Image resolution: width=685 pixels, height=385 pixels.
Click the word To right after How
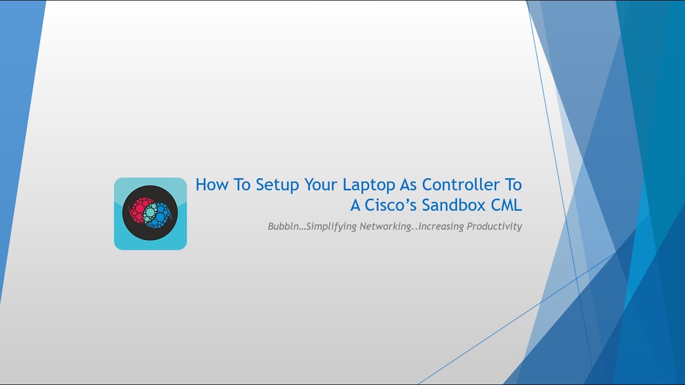[x=242, y=184]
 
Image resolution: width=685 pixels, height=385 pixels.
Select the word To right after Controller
[x=511, y=184]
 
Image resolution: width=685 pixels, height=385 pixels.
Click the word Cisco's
[x=391, y=205]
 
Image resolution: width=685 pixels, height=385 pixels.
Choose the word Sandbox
[x=454, y=205]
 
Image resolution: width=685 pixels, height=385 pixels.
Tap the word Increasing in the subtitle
[x=442, y=226]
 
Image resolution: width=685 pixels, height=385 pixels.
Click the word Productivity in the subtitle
[x=494, y=226]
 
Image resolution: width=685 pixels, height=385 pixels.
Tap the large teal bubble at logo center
[x=150, y=213]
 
